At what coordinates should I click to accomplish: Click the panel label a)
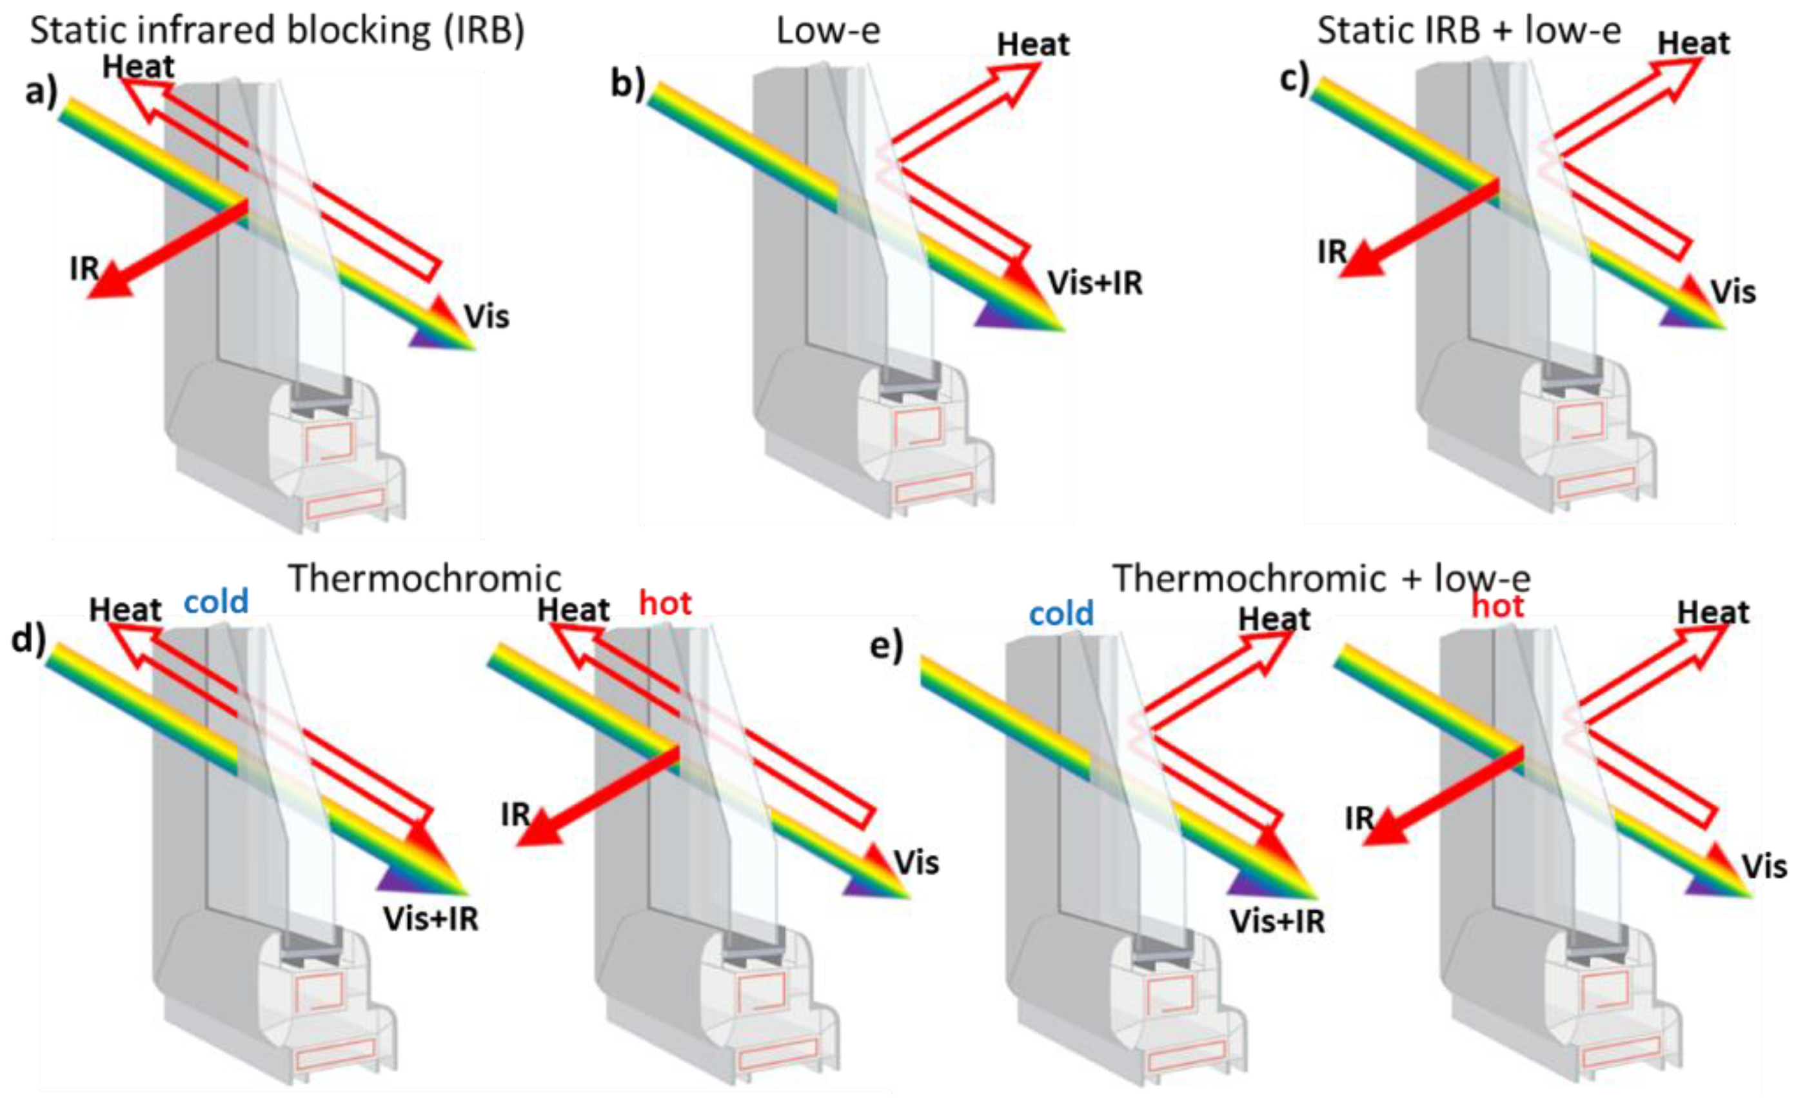pos(41,93)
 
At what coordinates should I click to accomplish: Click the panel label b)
pos(627,83)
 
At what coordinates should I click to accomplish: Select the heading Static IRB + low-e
pos(1469,30)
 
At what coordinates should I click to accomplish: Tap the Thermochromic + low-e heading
pos(1321,579)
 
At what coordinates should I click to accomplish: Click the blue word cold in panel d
pos(216,603)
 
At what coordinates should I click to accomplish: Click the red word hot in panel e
pos(1497,606)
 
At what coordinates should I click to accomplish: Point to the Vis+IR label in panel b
pos(1096,283)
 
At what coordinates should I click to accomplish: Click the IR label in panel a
pos(84,268)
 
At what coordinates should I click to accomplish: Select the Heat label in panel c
pos(1693,44)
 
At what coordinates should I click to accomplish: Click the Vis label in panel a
pos(486,316)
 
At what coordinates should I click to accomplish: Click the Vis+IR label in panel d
pos(431,919)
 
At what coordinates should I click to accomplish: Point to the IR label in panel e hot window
pos(1359,819)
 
